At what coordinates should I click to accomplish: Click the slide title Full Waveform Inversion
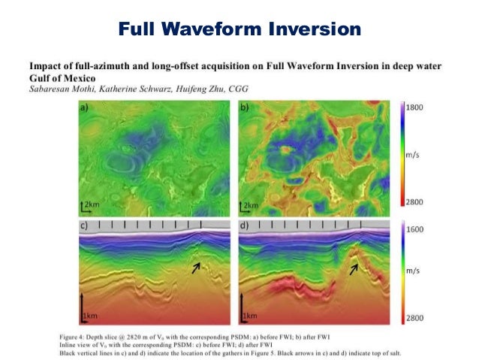(239, 29)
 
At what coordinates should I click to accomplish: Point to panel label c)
(86, 224)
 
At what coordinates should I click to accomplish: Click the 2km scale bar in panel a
(89, 205)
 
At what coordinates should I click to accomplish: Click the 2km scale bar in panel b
(248, 205)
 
